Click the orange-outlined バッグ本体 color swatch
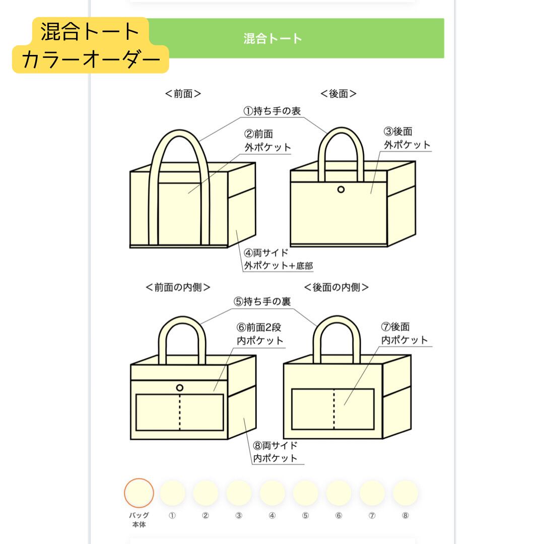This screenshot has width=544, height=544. pyautogui.click(x=139, y=493)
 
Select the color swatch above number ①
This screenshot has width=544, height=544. pyautogui.click(x=172, y=493)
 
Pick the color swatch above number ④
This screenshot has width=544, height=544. pyautogui.click(x=272, y=493)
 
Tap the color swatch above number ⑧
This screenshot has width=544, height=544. pyautogui.click(x=405, y=493)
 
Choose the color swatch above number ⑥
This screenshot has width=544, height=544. pyautogui.click(x=339, y=493)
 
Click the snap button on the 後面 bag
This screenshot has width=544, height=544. pyautogui.click(x=341, y=189)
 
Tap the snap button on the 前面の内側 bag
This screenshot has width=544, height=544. pyautogui.click(x=180, y=387)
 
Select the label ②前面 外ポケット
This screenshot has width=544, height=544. pyautogui.click(x=267, y=141)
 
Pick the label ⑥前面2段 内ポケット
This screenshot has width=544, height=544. pyautogui.click(x=260, y=334)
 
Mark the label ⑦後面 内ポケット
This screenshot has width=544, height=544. pyautogui.click(x=404, y=333)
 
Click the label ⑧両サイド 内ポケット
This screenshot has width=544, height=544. pyautogui.click(x=275, y=452)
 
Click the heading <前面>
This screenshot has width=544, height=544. pyautogui.click(x=183, y=94)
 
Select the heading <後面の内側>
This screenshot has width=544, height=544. pyautogui.click(x=336, y=287)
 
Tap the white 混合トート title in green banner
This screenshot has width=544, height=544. pyautogui.click(x=273, y=39)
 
